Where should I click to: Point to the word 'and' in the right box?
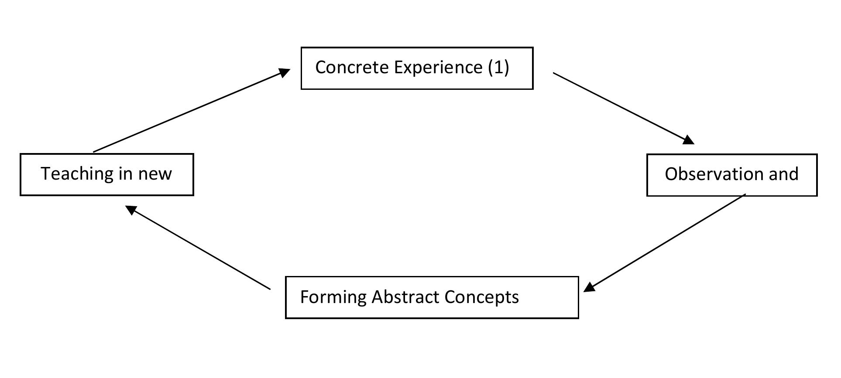tap(783, 174)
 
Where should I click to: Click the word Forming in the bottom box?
tap(333, 297)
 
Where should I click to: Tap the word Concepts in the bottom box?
tap(481, 297)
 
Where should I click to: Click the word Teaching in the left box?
tap(76, 174)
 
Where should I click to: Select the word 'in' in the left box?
tap(125, 174)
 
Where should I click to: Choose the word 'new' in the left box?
tap(155, 174)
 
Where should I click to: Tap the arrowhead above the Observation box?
tap(688, 140)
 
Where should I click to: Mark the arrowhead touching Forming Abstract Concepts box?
tap(589, 287)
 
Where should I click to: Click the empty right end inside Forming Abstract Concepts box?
tap(550, 297)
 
